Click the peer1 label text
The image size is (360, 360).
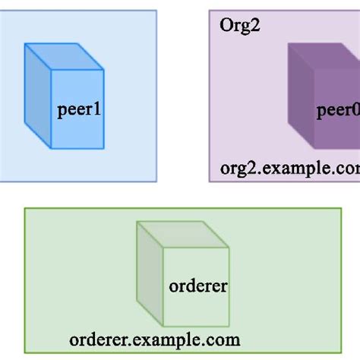79,111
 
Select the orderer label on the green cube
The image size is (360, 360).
197,287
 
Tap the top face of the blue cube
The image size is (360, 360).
65,57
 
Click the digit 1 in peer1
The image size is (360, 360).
96,111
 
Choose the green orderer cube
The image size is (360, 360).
182,273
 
